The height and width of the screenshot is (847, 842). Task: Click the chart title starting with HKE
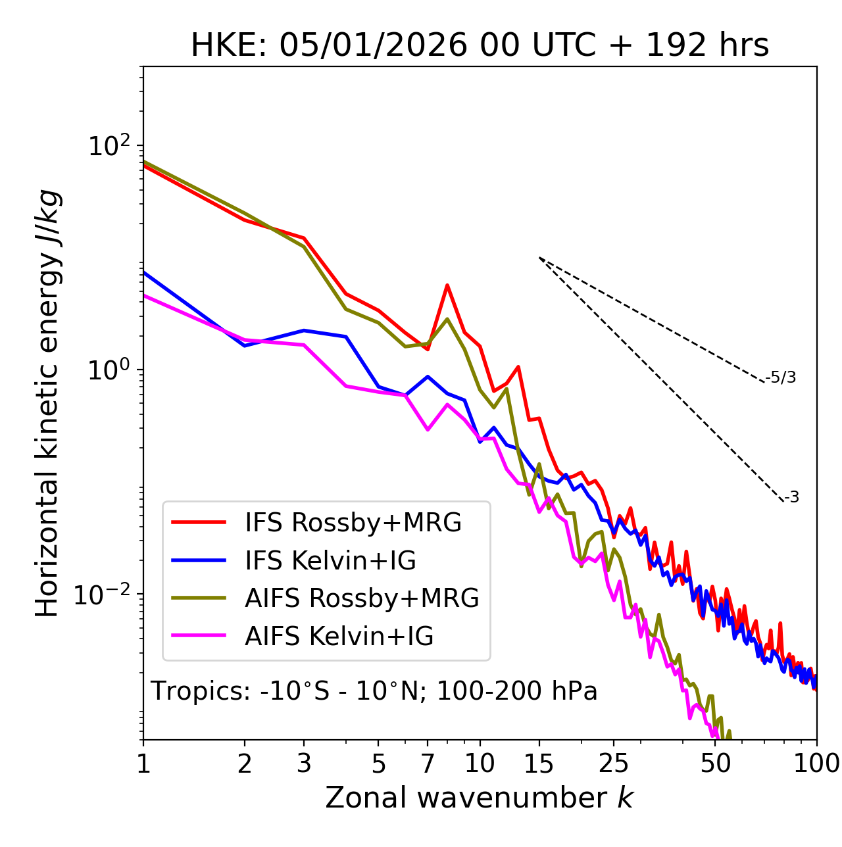coord(480,46)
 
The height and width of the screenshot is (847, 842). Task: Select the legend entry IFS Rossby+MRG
coord(353,523)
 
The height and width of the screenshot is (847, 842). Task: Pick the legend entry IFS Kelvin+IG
coord(330,561)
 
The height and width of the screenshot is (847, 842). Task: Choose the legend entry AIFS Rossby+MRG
coord(362,598)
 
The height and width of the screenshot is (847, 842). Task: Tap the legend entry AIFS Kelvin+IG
coord(339,637)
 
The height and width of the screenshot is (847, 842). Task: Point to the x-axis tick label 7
coord(428,763)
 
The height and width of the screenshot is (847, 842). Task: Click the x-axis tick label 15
coord(539,763)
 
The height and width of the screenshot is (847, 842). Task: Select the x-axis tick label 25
coord(614,763)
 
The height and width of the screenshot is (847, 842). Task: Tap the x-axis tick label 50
coord(716,763)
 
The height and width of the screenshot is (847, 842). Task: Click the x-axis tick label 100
coord(817,763)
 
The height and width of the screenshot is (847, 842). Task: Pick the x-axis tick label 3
coord(304,763)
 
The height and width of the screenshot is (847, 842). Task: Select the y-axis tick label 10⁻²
coord(105,594)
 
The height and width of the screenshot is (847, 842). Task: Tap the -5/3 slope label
coord(781,377)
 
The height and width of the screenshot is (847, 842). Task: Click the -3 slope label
coord(791,498)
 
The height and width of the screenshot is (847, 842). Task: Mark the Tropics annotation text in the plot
coord(374,691)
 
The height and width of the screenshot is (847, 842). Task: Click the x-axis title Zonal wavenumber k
coord(480,798)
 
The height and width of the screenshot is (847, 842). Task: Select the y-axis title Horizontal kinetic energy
coord(47,404)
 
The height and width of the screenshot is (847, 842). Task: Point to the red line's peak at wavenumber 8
coord(447,285)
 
